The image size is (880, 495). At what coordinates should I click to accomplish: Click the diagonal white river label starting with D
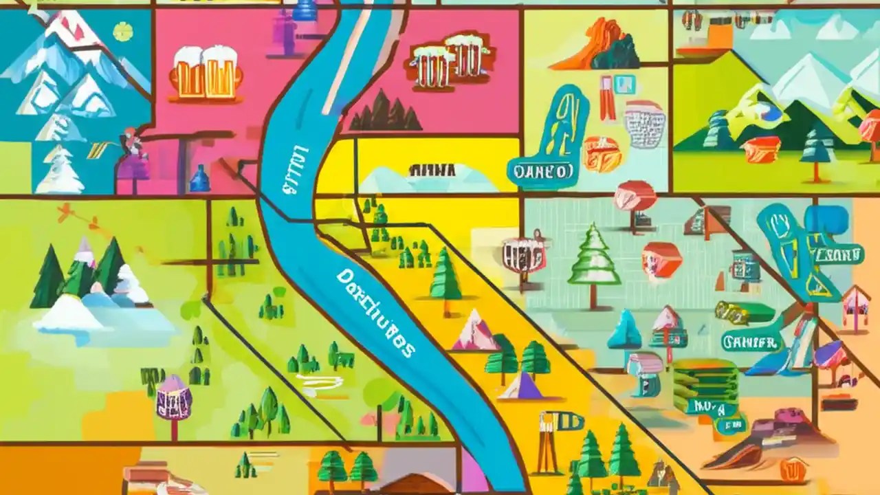(376, 313)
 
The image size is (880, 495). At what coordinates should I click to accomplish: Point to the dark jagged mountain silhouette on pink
(385, 112)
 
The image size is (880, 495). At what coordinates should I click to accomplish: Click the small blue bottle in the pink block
(199, 179)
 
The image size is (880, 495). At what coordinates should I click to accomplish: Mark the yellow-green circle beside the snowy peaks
(122, 31)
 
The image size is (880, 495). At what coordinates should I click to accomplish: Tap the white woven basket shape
(645, 124)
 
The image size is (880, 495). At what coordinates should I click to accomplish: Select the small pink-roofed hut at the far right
(856, 302)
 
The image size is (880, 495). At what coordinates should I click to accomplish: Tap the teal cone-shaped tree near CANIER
(625, 329)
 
